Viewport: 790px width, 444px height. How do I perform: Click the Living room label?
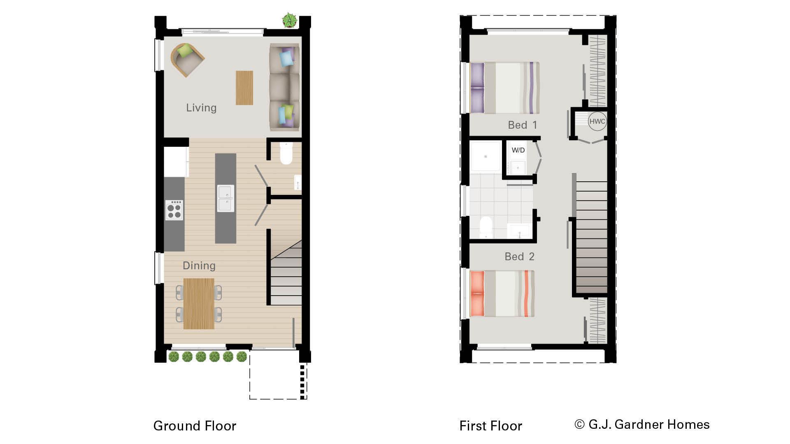coord(201,108)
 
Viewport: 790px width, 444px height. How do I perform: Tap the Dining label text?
coord(199,266)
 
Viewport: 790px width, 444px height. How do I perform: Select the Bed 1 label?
coord(522,125)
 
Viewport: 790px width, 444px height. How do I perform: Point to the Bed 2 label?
coord(519,257)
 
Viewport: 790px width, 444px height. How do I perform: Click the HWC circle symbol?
coord(597,121)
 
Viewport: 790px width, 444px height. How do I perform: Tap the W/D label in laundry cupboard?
coord(518,150)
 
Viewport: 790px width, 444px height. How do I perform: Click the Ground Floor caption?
coord(195,425)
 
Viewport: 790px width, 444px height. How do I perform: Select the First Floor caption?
coord(490,425)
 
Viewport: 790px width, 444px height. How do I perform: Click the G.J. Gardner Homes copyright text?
coord(642,424)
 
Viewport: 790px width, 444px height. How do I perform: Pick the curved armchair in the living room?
coord(187,60)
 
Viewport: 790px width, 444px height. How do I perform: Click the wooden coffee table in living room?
coord(244,88)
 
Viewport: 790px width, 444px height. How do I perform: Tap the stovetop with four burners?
coord(174,210)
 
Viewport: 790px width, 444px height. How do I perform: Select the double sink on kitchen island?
coord(225,198)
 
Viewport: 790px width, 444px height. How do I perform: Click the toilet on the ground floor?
coord(286,153)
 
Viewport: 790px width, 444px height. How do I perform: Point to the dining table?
coord(199,303)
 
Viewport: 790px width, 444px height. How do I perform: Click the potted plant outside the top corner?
coord(290,20)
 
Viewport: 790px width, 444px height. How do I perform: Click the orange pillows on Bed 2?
coord(477,294)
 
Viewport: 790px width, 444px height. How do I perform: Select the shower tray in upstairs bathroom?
coord(486,156)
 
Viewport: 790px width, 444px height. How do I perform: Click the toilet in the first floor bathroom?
coord(486,227)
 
